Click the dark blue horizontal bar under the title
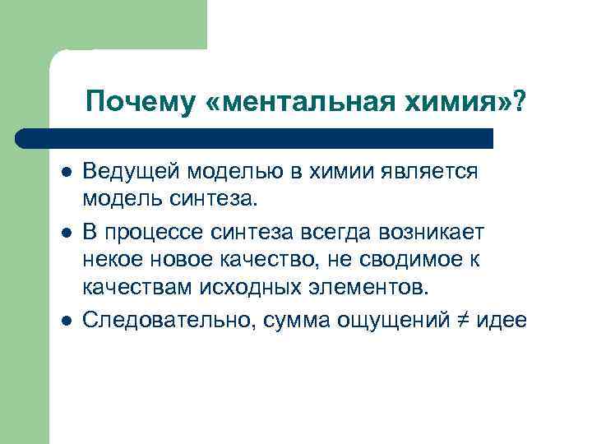[255, 137]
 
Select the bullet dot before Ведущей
[66, 173]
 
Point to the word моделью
[231, 173]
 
